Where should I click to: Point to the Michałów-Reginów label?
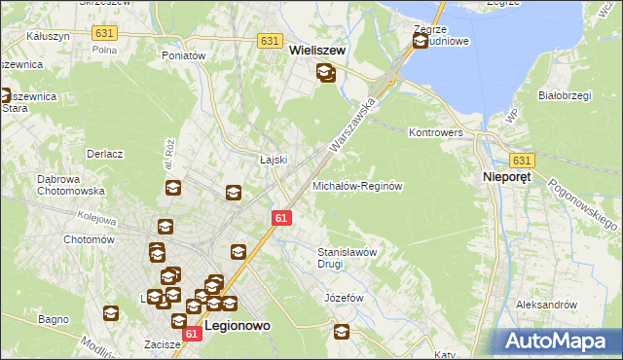coord(357,185)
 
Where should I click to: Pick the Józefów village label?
coord(343,298)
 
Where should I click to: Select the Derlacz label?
coord(104,154)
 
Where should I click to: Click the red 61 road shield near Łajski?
coord(281,218)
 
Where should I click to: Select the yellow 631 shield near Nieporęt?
coord(523,161)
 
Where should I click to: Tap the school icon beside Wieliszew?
coord(325,72)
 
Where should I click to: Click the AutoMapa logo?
coord(559,341)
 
